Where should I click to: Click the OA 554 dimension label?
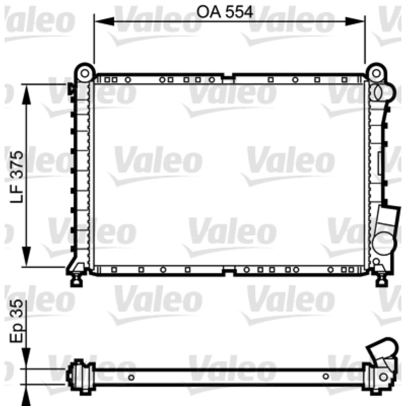[224, 12]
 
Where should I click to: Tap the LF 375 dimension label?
[17, 177]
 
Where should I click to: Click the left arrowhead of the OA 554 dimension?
[104, 21]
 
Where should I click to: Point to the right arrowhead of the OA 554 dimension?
[355, 21]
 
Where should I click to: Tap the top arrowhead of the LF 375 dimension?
[26, 94]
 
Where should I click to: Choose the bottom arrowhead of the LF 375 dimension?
[26, 256]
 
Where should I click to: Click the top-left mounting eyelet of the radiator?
[85, 73]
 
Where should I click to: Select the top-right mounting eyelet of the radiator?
[376, 73]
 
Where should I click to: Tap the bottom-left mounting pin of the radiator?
[77, 279]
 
